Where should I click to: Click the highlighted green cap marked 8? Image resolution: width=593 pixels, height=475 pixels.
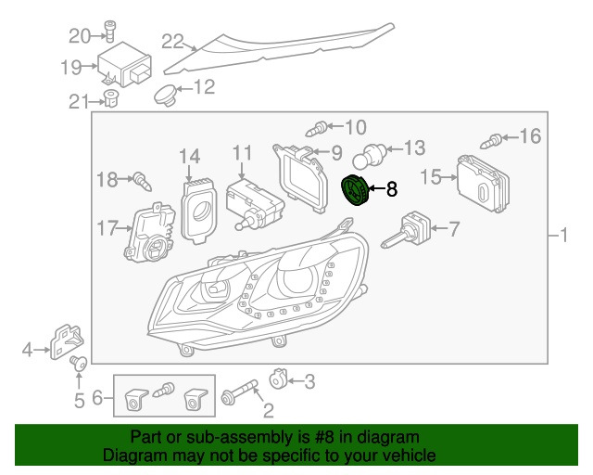[x=355, y=190]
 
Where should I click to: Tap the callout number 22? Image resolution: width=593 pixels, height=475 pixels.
[x=173, y=40]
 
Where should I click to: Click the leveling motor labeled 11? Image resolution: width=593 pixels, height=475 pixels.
[x=251, y=200]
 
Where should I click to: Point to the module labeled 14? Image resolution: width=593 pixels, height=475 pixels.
[x=196, y=208]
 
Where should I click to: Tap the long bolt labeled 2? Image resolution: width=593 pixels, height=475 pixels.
[x=238, y=399]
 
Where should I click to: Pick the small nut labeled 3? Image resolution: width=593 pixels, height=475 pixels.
[x=276, y=379]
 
